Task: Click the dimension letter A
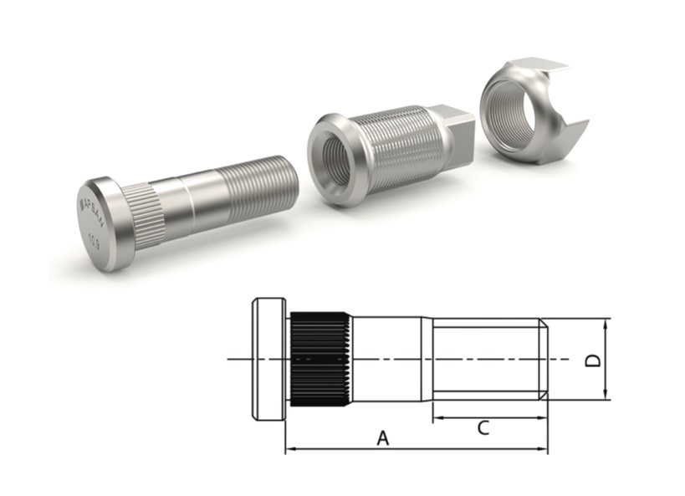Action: tap(383, 437)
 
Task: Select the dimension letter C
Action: tap(483, 428)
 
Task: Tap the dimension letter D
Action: tap(591, 360)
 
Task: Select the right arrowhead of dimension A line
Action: tap(544, 450)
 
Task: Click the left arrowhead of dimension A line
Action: tap(289, 450)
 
